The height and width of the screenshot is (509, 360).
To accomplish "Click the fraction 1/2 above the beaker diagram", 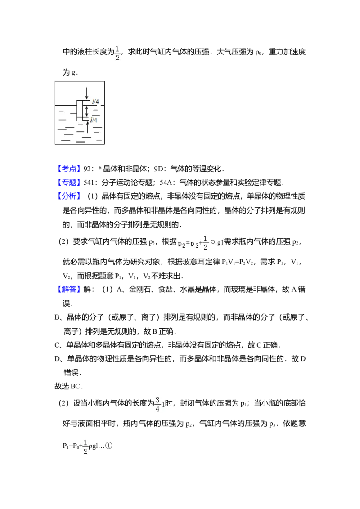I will coord(117,52).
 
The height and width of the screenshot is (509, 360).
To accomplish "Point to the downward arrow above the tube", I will coord(87,94).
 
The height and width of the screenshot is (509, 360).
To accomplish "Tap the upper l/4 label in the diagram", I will coord(95,102).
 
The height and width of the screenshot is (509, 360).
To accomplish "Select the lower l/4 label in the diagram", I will coord(94,120).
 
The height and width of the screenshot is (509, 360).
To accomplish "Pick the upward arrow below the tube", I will coord(87,127).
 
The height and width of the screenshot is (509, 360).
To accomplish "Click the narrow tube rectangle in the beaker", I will coord(80,109).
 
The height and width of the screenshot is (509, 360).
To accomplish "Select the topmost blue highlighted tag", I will coord(70,169).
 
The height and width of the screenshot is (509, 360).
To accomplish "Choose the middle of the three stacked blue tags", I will coord(70,182).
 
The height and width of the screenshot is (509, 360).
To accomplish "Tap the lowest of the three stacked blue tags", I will coord(70,196).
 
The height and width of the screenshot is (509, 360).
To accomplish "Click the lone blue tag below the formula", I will coord(70,289).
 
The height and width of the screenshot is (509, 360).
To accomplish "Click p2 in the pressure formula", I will coord(182,244).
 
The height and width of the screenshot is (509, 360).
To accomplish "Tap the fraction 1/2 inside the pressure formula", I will coord(205,243).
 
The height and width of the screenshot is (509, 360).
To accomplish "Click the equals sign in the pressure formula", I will coord(188,243).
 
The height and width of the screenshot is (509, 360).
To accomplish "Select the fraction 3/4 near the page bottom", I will coord(157,405).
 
